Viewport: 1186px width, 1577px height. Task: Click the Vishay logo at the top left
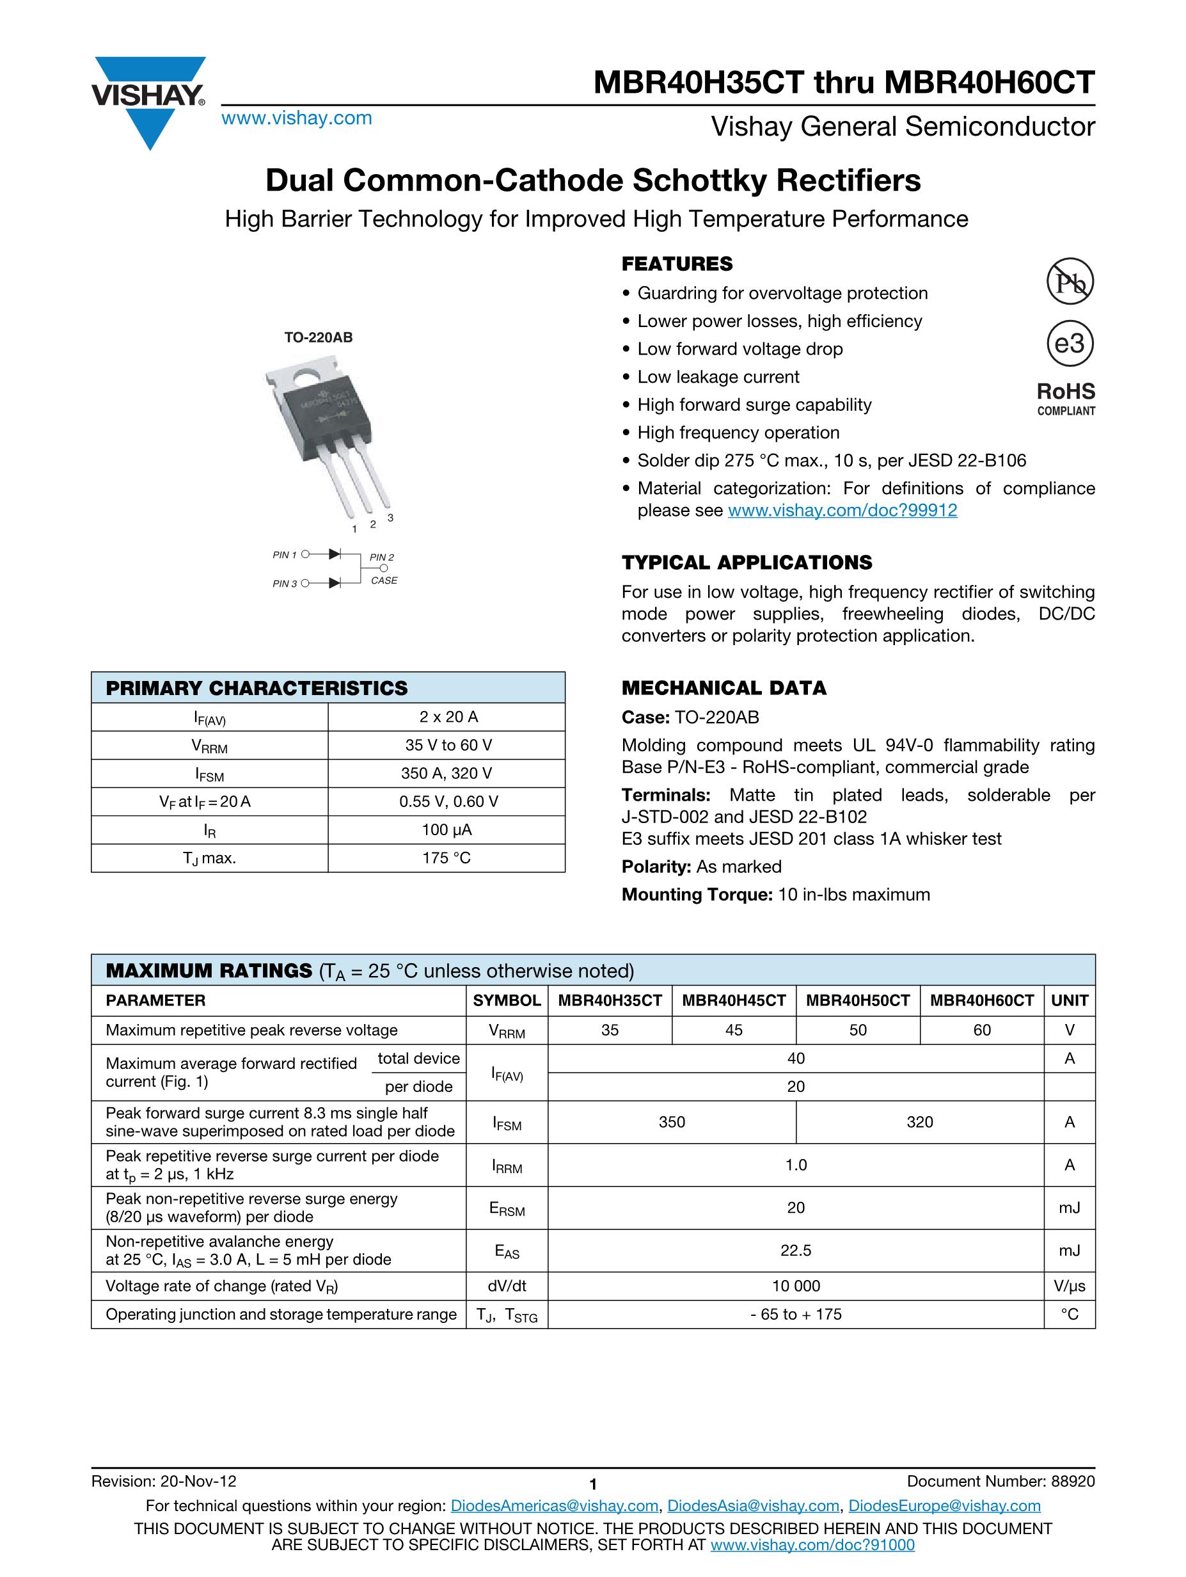[x=148, y=100]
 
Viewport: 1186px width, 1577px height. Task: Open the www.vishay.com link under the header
[x=297, y=118]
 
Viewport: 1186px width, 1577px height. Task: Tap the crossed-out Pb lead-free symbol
[x=1069, y=282]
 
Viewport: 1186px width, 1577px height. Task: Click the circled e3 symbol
[x=1069, y=344]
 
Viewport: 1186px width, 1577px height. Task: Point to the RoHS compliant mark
[x=1066, y=398]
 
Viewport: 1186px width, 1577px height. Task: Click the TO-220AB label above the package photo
[x=318, y=337]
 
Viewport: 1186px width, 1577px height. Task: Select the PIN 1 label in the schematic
[x=285, y=555]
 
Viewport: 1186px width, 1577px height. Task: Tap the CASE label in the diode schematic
[x=384, y=580]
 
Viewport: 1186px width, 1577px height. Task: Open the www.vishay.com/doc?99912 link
[x=842, y=511]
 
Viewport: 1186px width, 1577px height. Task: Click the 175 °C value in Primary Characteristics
[x=446, y=858]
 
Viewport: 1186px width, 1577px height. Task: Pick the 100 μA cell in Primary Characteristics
[x=446, y=830]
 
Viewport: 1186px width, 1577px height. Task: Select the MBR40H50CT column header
[x=857, y=1000]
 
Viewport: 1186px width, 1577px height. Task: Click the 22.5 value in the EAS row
[x=795, y=1251]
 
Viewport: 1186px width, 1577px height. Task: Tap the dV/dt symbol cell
[x=507, y=1286]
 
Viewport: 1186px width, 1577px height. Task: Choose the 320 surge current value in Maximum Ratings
[x=919, y=1122]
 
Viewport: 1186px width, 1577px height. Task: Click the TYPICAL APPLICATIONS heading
[x=747, y=563]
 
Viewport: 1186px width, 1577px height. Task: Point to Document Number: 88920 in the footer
[x=1000, y=1482]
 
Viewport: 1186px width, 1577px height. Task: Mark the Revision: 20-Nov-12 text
[x=164, y=1482]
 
